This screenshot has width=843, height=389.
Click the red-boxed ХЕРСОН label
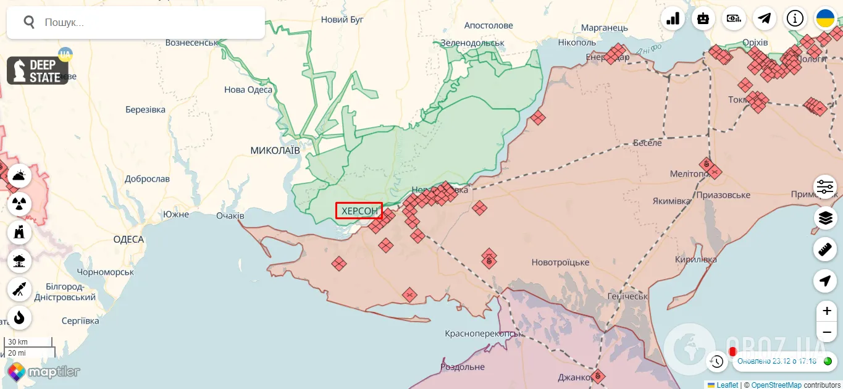click(x=359, y=211)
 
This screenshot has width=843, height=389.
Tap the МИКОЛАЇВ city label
click(x=275, y=151)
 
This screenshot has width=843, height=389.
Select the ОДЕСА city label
click(x=128, y=240)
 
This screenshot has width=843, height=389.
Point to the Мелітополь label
click(x=689, y=174)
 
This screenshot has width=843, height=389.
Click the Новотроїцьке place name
click(x=560, y=262)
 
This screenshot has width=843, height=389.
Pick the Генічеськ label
click(x=627, y=296)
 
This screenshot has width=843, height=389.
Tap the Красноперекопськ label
click(x=484, y=333)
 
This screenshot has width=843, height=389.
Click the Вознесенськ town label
click(x=192, y=43)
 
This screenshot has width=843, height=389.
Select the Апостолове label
click(x=489, y=25)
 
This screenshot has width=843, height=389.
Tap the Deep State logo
click(x=38, y=71)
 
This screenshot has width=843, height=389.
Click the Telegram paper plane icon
click(x=765, y=19)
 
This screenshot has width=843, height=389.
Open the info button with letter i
click(x=795, y=19)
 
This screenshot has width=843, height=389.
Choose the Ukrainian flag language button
click(x=826, y=19)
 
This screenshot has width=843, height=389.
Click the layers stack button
click(x=825, y=218)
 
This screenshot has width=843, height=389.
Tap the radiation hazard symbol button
click(x=19, y=203)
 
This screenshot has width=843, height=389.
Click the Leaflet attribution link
click(x=727, y=385)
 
